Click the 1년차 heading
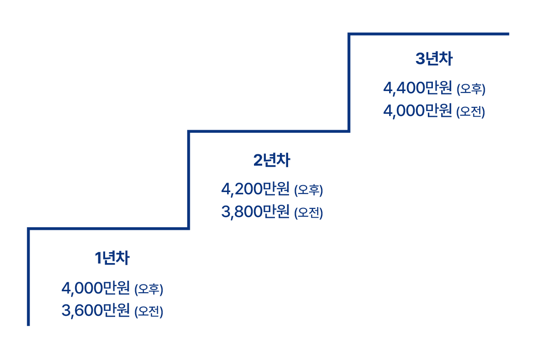click(x=112, y=259)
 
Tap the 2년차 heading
click(x=271, y=160)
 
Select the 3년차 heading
click(x=434, y=59)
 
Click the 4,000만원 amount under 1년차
click(x=96, y=288)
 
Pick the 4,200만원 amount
click(x=255, y=189)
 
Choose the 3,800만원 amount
click(x=255, y=212)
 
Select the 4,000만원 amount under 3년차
click(x=417, y=111)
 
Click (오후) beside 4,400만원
click(x=471, y=89)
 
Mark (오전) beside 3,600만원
click(x=149, y=312)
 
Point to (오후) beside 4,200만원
click(x=309, y=190)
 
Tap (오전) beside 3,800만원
click(x=309, y=213)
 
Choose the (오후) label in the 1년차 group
click(x=149, y=289)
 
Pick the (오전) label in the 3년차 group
click(x=471, y=112)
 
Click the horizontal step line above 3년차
click(x=428, y=34)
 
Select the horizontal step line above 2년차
click(x=269, y=132)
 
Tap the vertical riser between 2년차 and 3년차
click(x=349, y=82)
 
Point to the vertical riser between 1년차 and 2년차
click(x=188, y=180)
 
